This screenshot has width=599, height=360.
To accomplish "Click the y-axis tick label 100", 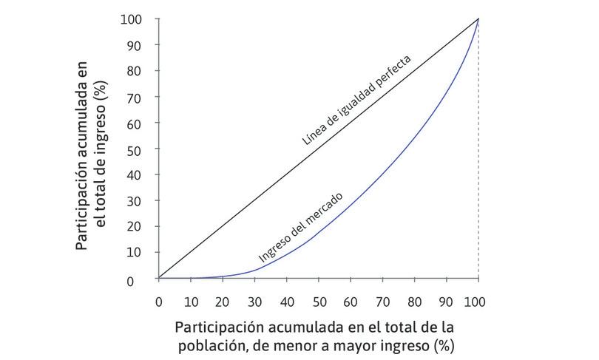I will point(133,18).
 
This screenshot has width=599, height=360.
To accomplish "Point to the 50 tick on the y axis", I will point(136,149).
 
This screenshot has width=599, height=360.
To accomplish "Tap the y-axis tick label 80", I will point(136,71).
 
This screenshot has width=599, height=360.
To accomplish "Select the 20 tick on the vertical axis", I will point(136,226).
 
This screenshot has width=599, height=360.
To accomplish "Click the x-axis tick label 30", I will point(254,302).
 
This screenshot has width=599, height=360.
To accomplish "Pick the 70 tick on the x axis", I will point(382,302).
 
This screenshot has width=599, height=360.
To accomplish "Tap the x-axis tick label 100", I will point(478,302).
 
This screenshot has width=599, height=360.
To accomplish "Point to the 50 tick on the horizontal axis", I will point(319,302).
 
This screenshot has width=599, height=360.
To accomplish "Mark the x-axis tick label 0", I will point(158,302).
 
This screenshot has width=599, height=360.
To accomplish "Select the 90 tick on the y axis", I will point(136,45).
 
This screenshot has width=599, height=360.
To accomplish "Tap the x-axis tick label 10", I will point(190,302).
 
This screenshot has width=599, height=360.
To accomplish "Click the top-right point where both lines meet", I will point(478,18).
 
